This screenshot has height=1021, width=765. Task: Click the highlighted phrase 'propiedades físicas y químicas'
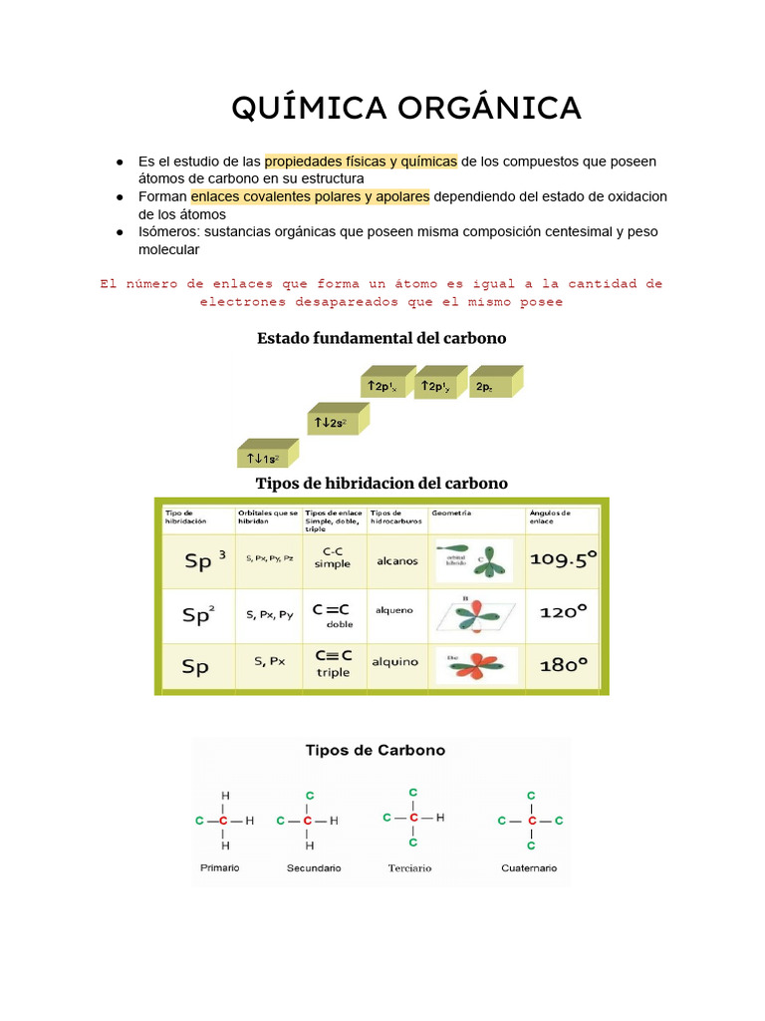point(361,162)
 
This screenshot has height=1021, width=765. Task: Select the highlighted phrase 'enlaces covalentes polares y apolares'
point(310,196)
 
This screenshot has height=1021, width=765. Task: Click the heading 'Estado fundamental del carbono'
point(382,338)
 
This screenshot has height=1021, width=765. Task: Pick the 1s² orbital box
point(262,458)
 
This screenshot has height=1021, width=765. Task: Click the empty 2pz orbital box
point(491,386)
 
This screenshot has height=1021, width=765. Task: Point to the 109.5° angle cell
point(563,559)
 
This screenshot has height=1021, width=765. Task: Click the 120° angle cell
point(563,612)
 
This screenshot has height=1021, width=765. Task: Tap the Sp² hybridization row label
point(197,614)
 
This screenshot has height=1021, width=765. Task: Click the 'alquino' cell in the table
point(395,661)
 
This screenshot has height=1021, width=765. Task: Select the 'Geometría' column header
point(451,513)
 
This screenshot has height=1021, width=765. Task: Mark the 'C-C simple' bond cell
point(333,556)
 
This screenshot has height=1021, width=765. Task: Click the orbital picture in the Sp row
point(476,662)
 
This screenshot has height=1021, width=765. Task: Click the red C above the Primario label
point(224,821)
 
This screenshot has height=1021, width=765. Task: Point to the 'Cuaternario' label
point(529,868)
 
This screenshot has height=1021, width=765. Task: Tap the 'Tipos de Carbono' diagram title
point(375,750)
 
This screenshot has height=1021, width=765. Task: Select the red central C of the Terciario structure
point(413,818)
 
